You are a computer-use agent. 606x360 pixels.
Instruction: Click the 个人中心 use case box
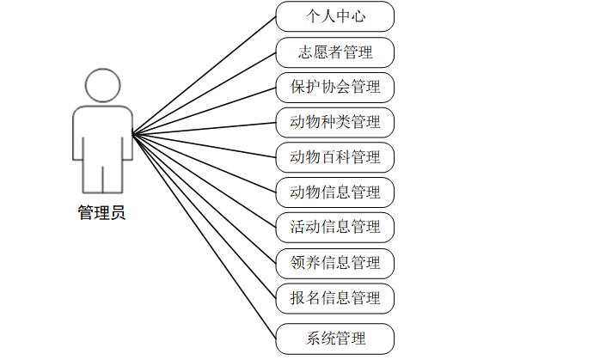[335, 16]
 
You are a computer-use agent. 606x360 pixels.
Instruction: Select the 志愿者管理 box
[335, 52]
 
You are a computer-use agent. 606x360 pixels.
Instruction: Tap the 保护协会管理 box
[335, 87]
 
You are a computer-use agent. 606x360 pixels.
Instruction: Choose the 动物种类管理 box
[335, 122]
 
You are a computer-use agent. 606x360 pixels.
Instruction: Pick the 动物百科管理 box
[335, 157]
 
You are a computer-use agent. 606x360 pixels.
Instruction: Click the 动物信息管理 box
[335, 192]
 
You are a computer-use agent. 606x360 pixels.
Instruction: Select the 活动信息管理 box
[335, 227]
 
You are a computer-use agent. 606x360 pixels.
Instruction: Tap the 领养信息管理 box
[335, 262]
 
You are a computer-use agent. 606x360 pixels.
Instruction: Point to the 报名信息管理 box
[335, 297]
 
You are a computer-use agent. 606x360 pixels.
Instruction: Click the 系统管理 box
[335, 339]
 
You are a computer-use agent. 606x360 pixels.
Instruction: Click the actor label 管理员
[102, 213]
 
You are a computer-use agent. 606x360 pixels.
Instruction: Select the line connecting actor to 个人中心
[204, 76]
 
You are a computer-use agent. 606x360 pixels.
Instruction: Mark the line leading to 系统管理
[204, 234]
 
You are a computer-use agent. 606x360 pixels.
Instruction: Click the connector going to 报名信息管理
[204, 214]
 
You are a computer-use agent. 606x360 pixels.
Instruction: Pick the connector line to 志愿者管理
[204, 94]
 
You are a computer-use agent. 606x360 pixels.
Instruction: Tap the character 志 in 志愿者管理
[306, 52]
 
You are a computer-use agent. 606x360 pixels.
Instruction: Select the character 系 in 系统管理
[313, 339]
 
